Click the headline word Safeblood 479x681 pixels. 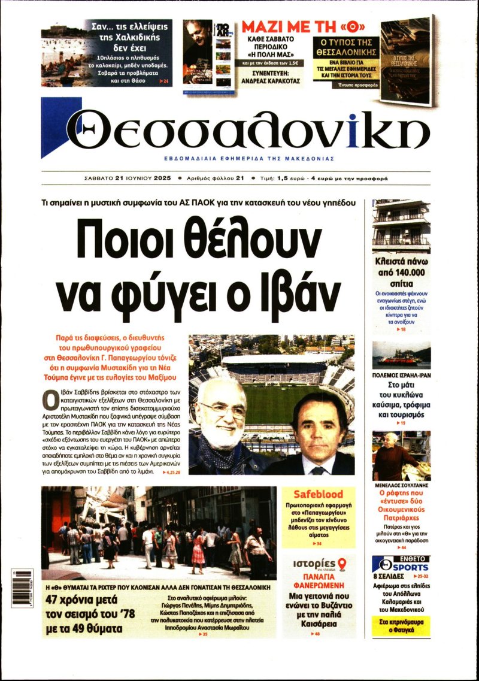click(318, 495)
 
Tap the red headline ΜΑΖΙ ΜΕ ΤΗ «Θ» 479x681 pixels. click(303, 28)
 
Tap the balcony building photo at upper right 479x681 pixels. click(401, 226)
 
